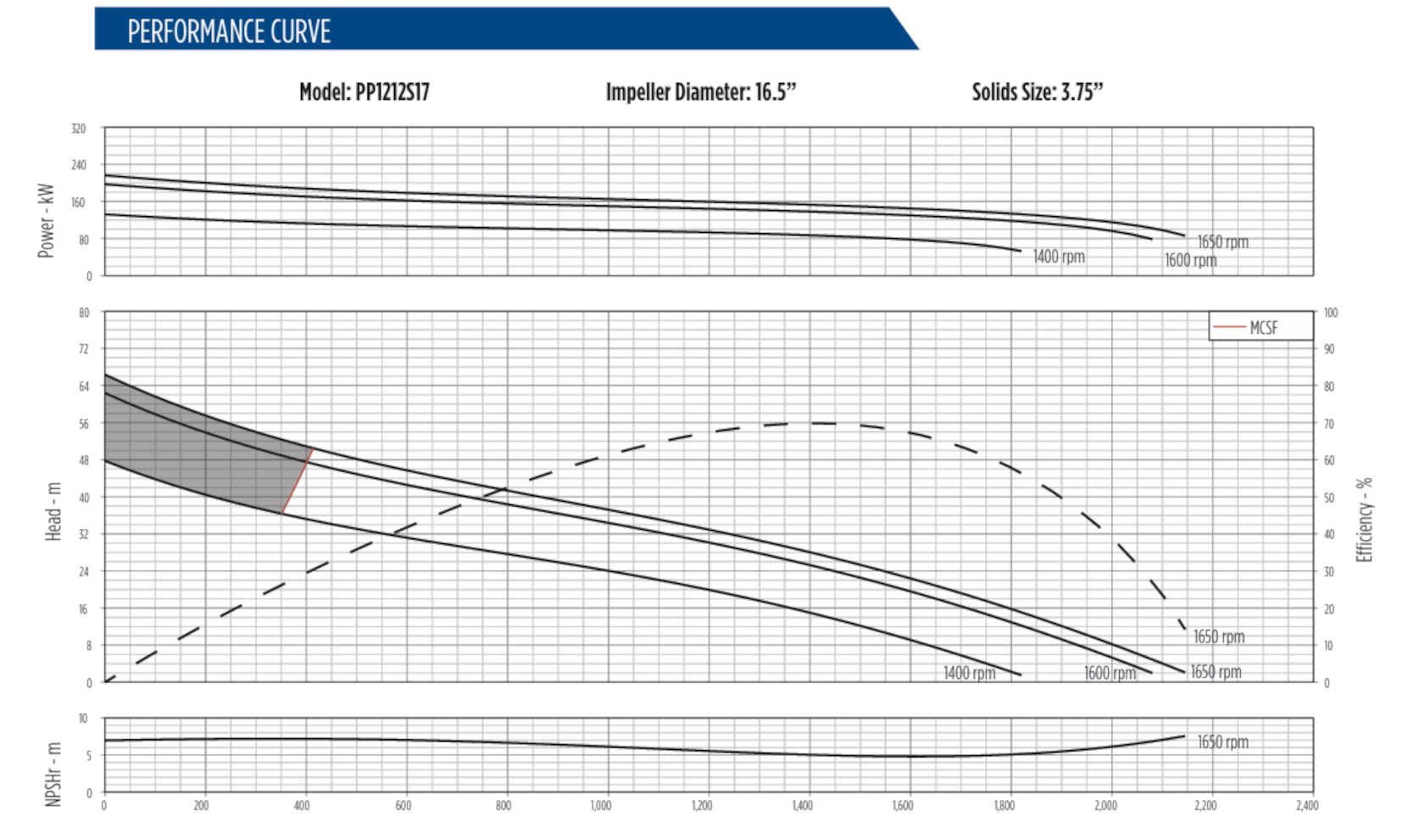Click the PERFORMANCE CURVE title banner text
coord(229,31)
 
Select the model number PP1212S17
coord(392,92)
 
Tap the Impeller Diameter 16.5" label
coord(700,92)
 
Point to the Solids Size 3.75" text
coord(1037,92)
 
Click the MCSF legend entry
coord(1262,327)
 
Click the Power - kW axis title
coord(46,220)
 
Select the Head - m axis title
coord(53,511)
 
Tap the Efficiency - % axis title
coord(1363,519)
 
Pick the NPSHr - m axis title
coord(53,774)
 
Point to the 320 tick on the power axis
coord(78,129)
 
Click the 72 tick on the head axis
coord(83,349)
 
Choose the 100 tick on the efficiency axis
coord(1330,313)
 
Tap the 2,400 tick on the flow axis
coord(1306,805)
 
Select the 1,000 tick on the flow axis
coord(601,805)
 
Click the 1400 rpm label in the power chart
coord(1058,256)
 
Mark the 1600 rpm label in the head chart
coord(1109,673)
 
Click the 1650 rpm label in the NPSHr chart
coord(1222,742)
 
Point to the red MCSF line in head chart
coord(298,481)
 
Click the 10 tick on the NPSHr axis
coord(83,719)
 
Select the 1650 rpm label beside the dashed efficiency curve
coord(1218,637)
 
